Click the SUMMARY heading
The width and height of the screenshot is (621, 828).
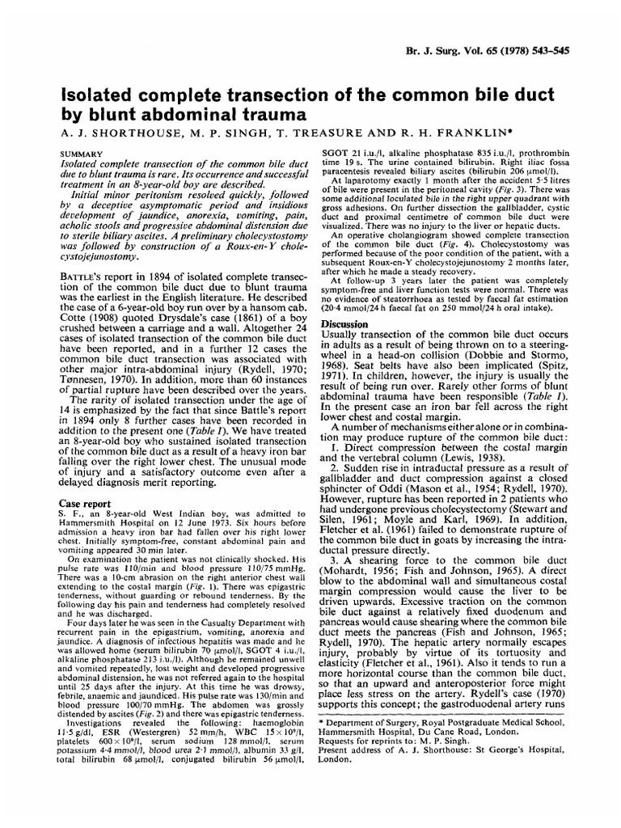click(x=82, y=152)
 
